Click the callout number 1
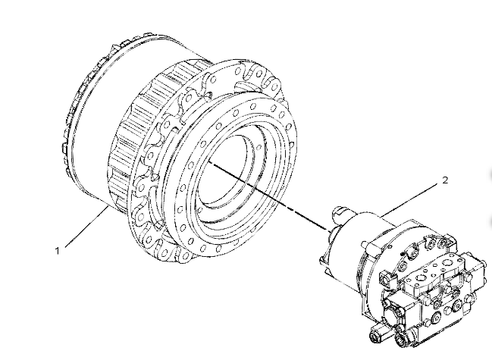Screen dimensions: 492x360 click(x=57, y=251)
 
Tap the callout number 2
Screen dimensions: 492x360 click(x=445, y=180)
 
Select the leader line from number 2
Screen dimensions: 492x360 click(x=409, y=200)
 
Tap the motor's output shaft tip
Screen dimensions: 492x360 click(x=340, y=211)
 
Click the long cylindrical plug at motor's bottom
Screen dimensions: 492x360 click(x=381, y=333)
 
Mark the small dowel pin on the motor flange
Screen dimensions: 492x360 click(x=403, y=252)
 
